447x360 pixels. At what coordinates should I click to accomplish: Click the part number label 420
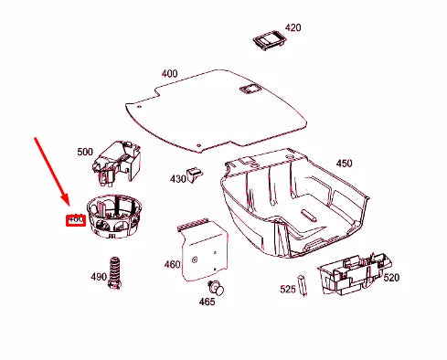pos(293,27)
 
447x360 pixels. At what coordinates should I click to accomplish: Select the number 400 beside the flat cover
pos(169,73)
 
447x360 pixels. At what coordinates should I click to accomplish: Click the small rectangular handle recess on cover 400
pos(248,89)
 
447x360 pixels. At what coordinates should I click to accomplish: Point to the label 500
pos(85,152)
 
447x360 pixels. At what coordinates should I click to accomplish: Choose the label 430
pos(177,178)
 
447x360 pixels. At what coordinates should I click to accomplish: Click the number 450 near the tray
pos(344,164)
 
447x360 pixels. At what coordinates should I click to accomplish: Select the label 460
pos(172,265)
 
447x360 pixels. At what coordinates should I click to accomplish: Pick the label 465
pos(208,301)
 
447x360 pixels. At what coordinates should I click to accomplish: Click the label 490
pos(99,277)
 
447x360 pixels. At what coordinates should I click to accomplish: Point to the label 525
pos(287,290)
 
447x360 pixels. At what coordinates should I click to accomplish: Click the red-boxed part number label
pos(75,219)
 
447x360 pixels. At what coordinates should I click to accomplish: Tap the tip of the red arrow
pos(67,206)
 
